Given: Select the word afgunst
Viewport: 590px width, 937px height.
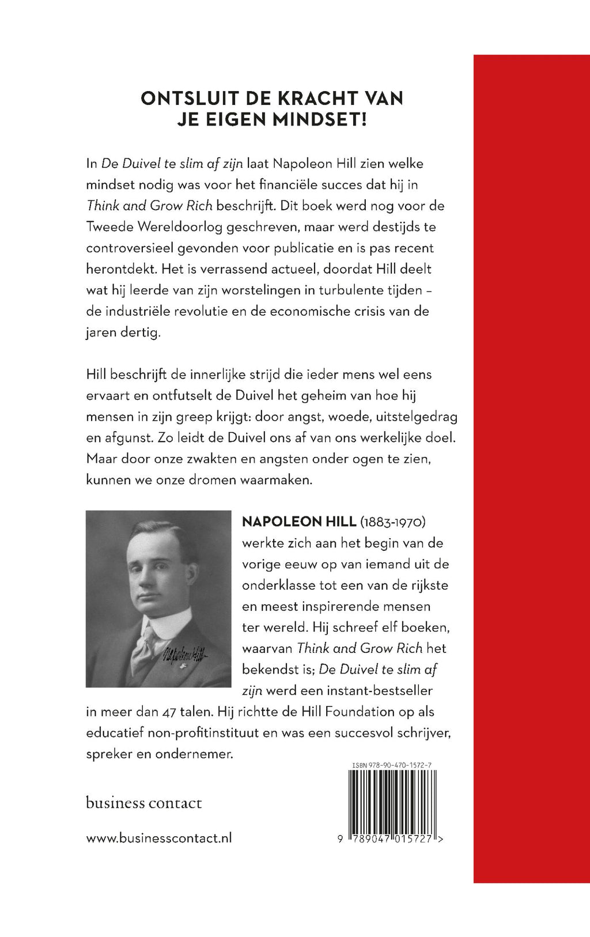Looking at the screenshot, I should (130, 438).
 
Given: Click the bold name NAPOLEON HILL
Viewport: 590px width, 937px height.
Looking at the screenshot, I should (298, 522).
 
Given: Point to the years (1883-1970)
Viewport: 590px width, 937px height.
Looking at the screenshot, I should (392, 522).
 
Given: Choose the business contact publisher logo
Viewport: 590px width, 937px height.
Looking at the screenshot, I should (143, 803).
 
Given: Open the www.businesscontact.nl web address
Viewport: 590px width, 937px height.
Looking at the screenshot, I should (159, 838).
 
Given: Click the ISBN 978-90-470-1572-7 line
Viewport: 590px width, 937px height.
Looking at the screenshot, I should (392, 765).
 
